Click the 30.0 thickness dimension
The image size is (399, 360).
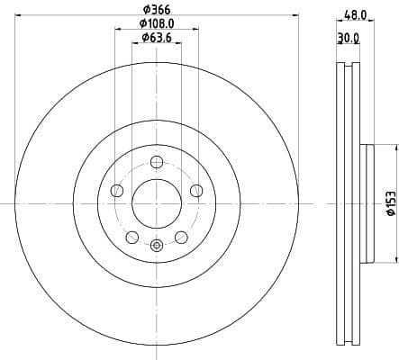[348, 38]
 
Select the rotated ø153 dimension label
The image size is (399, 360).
[389, 202]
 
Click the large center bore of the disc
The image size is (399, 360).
[157, 202]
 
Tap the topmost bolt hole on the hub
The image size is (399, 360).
[157, 162]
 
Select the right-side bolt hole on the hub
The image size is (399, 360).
[196, 190]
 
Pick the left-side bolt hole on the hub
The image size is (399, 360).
[117, 190]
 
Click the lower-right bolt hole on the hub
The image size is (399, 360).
[181, 237]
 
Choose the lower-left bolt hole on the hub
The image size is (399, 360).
[132, 237]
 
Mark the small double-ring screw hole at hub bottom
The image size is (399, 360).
[157, 244]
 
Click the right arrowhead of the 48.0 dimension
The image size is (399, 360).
[367, 22]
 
